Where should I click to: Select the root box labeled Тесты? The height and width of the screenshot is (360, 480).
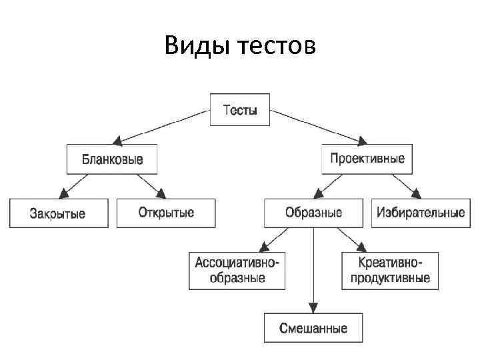click(x=240, y=111)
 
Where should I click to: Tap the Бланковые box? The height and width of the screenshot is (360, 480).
click(x=112, y=160)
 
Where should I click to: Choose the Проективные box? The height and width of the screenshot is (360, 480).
click(x=367, y=159)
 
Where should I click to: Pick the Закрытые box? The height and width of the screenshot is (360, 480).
click(x=58, y=213)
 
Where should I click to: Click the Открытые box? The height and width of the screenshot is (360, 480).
click(x=166, y=213)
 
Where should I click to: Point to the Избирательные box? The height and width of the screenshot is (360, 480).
click(x=421, y=213)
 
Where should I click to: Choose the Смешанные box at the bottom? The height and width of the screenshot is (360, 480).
click(x=314, y=329)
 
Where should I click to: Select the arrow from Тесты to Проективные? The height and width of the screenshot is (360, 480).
click(x=319, y=127)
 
